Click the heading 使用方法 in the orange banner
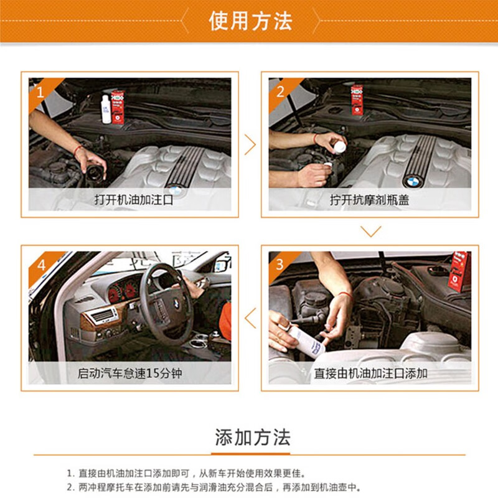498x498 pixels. (x=250, y=21)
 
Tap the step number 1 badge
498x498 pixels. (x=39, y=92)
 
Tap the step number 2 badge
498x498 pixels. (x=280, y=92)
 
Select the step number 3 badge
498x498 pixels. (x=280, y=264)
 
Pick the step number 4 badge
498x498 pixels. (x=40, y=264)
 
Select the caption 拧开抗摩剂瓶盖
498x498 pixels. (x=370, y=200)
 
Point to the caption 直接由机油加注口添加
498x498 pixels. (x=370, y=374)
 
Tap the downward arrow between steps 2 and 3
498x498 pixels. (x=371, y=232)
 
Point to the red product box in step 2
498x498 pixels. (x=357, y=100)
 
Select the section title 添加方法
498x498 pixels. (x=252, y=438)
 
